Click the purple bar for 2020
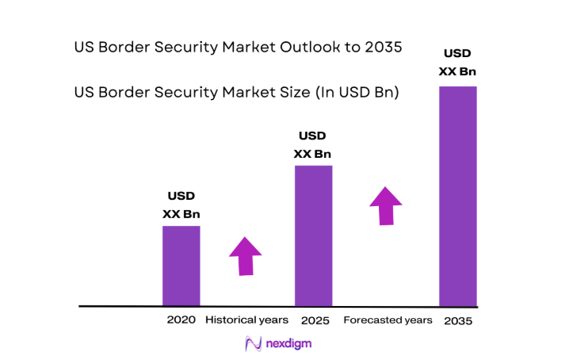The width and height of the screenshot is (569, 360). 181,266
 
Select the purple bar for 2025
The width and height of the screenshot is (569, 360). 313,236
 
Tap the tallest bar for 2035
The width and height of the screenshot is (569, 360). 458,196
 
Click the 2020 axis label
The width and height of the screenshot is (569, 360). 181,320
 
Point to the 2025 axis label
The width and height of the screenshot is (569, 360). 315,320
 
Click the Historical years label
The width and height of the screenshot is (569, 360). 246,320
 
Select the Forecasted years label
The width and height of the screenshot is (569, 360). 388,320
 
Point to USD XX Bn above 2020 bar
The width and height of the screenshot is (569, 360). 181,205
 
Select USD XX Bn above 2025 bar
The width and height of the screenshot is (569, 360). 312,145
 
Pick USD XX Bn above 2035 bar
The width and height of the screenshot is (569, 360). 458,63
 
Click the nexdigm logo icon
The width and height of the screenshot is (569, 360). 253,344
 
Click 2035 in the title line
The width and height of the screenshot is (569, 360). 384,48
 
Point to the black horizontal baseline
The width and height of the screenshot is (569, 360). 277,306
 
